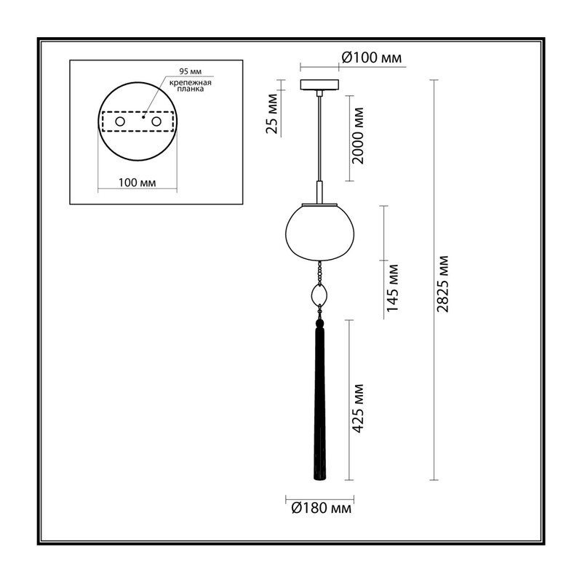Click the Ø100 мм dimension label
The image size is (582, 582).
pyautogui.click(x=372, y=57)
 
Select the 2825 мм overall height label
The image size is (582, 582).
pyautogui.click(x=443, y=284)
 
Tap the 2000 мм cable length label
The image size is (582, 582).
pyautogui.click(x=358, y=136)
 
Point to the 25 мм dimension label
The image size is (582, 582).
pyautogui.click(x=271, y=113)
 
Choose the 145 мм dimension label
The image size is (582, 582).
pyautogui.click(x=392, y=288)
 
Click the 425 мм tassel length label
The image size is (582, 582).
pyautogui.click(x=357, y=408)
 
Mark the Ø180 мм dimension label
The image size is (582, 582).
pyautogui.click(x=322, y=508)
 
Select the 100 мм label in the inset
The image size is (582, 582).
pyautogui.click(x=137, y=183)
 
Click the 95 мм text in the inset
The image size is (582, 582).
pyautogui.click(x=191, y=71)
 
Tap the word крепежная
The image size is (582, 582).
pyautogui.click(x=191, y=83)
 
